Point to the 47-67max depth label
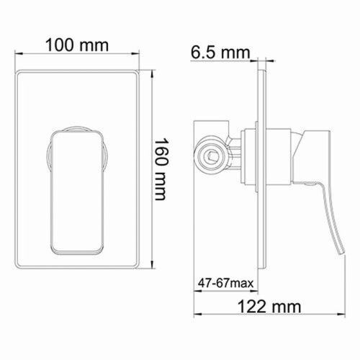click(225, 284)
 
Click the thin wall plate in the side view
click(262, 166)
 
